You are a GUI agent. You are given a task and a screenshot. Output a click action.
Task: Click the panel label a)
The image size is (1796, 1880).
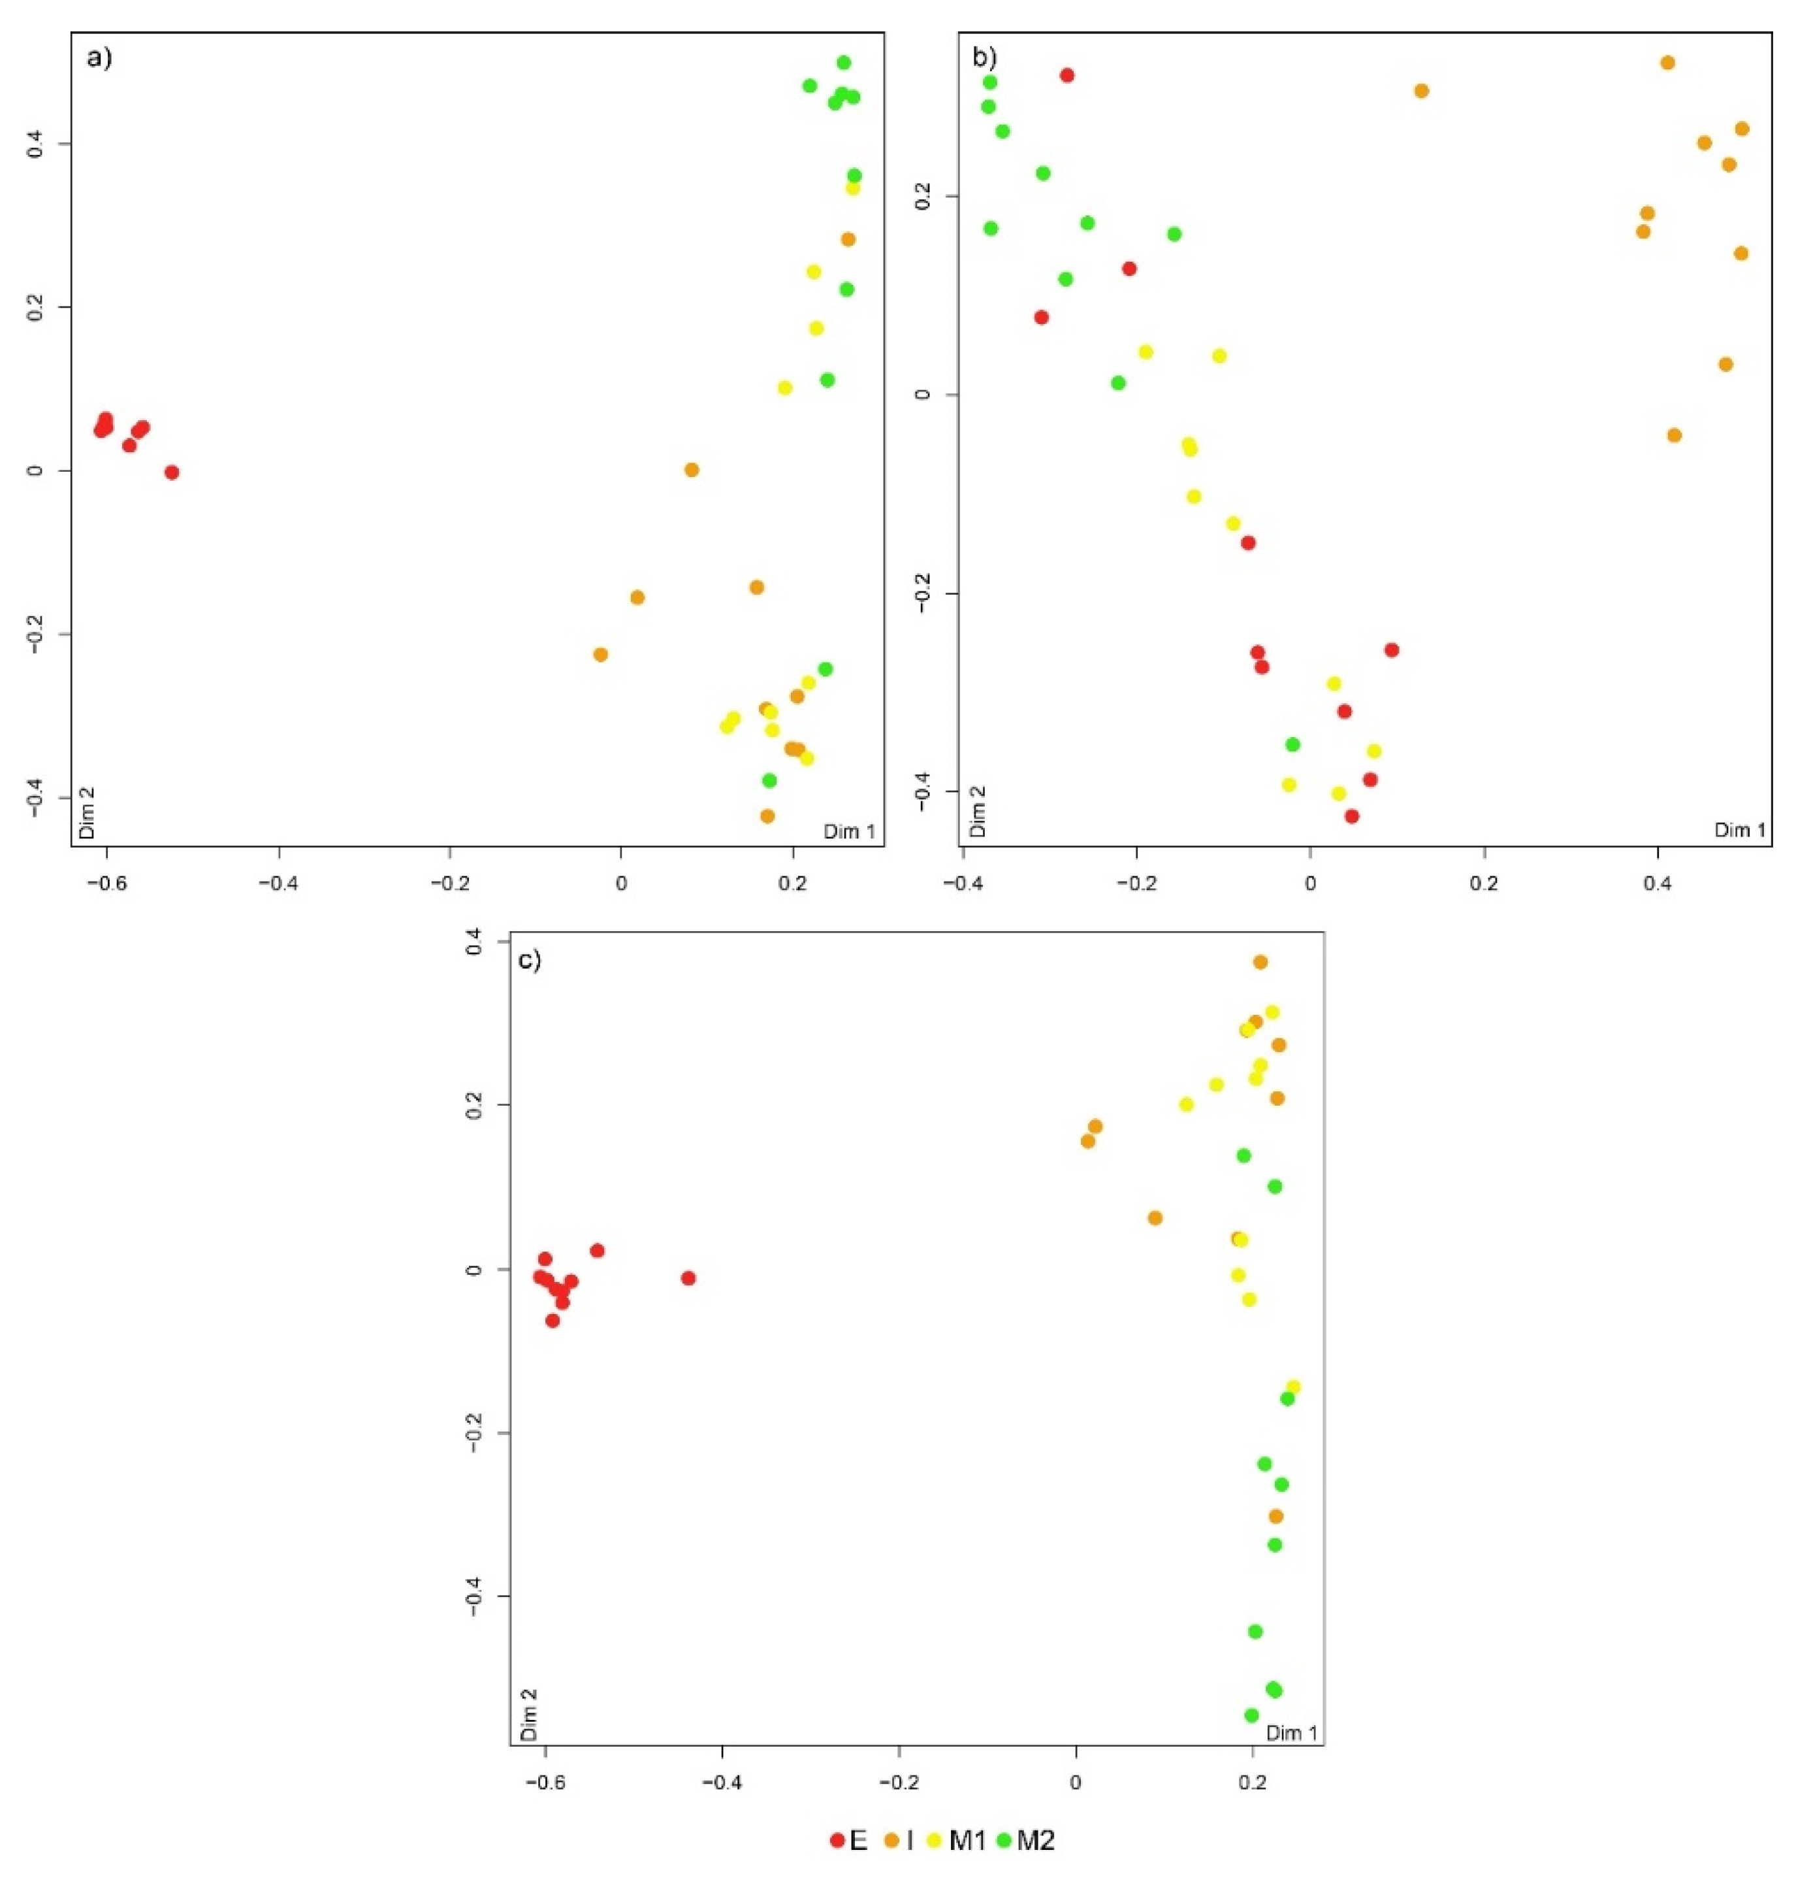pos(99,58)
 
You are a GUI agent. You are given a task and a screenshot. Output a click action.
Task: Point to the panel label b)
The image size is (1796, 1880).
pos(985,58)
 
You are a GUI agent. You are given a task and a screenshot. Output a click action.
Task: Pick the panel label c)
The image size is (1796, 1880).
pos(530,961)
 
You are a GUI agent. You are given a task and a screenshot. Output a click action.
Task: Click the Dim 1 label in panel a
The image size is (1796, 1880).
pos(849,831)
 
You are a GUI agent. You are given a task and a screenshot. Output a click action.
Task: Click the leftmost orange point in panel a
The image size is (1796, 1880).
pos(600,655)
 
